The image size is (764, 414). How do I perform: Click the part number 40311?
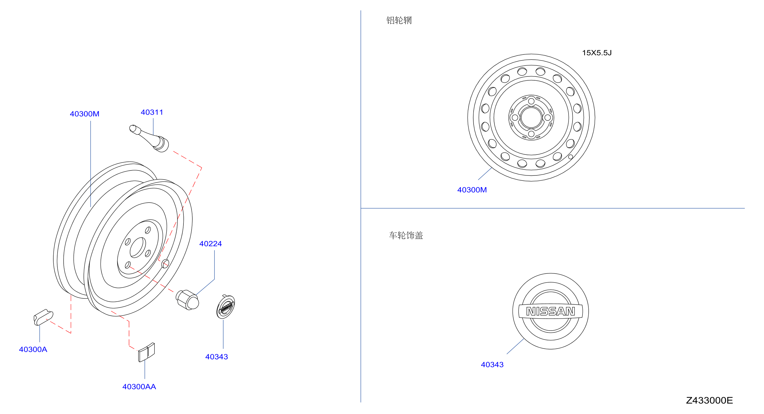tap(152, 112)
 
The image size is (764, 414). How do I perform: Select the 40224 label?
tap(211, 244)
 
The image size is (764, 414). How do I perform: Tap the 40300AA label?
tap(139, 386)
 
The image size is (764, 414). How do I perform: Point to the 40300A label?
tap(33, 349)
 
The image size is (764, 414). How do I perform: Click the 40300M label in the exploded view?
tap(85, 114)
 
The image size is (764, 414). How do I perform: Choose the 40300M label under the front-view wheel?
tap(472, 190)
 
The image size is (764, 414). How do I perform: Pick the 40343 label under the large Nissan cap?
tap(492, 365)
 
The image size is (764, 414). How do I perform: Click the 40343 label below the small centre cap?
tap(216, 357)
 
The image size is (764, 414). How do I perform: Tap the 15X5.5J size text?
tap(597, 53)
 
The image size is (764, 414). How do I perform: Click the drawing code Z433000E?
tap(709, 400)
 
